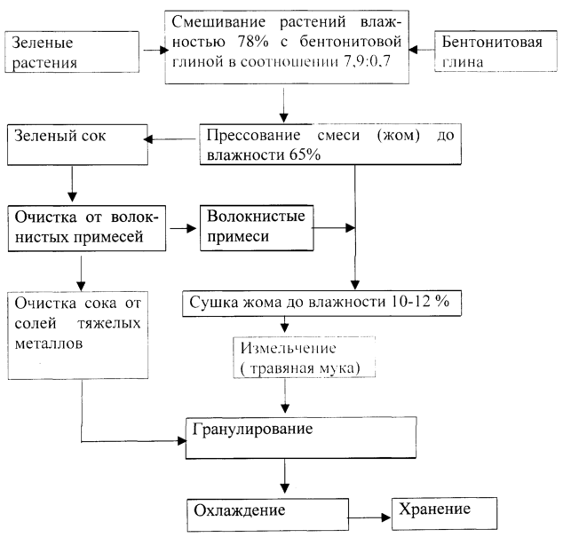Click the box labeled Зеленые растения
(72, 52)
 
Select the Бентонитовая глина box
(496, 51)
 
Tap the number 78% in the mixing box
(253, 42)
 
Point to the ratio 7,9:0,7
(367, 61)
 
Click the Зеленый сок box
(77, 145)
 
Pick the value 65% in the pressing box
(305, 155)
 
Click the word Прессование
(253, 135)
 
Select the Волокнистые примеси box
(257, 227)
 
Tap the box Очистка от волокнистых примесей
(87, 228)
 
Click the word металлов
(49, 344)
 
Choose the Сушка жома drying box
(321, 304)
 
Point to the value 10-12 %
(420, 302)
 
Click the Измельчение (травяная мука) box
(305, 357)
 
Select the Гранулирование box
(301, 438)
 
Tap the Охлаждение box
(268, 515)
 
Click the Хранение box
(445, 514)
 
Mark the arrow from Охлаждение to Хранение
(369, 517)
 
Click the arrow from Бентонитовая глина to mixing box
(422, 50)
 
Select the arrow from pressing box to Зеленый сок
(170, 139)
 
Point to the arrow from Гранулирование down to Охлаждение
(285, 477)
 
